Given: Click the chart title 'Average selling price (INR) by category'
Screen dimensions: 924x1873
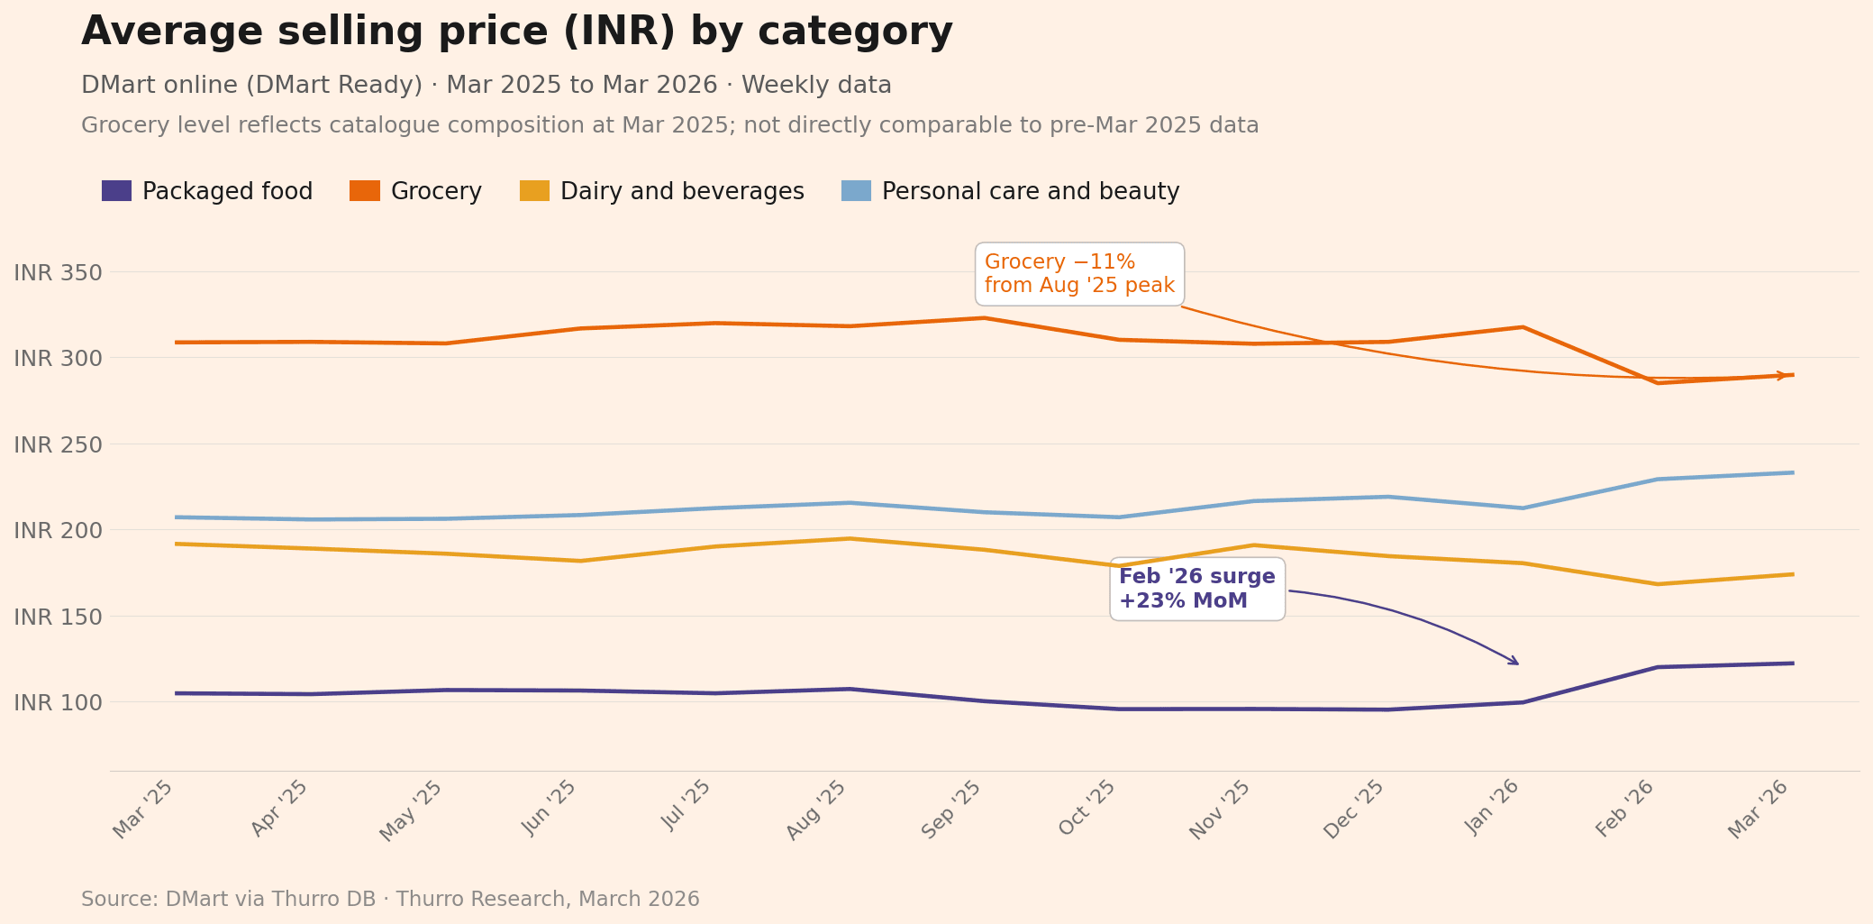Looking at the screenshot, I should click(x=516, y=32).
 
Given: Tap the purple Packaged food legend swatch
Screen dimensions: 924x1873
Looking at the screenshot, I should click(x=116, y=191).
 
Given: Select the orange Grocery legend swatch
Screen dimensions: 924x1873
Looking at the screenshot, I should click(x=365, y=191).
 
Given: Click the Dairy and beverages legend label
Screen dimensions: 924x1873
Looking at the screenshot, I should click(x=682, y=192).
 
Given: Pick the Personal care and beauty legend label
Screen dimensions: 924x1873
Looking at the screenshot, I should click(x=1030, y=192).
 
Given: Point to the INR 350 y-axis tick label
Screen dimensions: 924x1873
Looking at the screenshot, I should click(x=58, y=273).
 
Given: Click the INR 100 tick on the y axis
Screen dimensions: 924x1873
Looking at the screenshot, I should click(x=58, y=703).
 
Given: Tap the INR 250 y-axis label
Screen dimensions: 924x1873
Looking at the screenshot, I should click(x=58, y=445).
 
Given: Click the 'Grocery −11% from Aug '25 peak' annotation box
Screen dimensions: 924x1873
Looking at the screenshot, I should click(x=1079, y=274).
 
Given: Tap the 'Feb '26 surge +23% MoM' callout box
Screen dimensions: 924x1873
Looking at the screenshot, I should click(x=1196, y=589).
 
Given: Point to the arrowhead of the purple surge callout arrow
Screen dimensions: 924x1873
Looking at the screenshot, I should click(x=1517, y=663).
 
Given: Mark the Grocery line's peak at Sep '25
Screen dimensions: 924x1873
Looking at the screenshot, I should click(x=984, y=318).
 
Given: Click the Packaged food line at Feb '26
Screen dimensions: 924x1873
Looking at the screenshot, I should click(x=1658, y=667).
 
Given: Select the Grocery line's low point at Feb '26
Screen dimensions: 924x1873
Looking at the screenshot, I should click(x=1658, y=383).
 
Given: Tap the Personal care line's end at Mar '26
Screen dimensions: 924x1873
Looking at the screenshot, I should click(x=1792, y=472).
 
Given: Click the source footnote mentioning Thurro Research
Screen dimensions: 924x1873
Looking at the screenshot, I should click(x=390, y=900).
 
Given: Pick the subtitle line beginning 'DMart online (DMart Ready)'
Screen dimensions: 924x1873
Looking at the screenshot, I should click(x=486, y=86).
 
